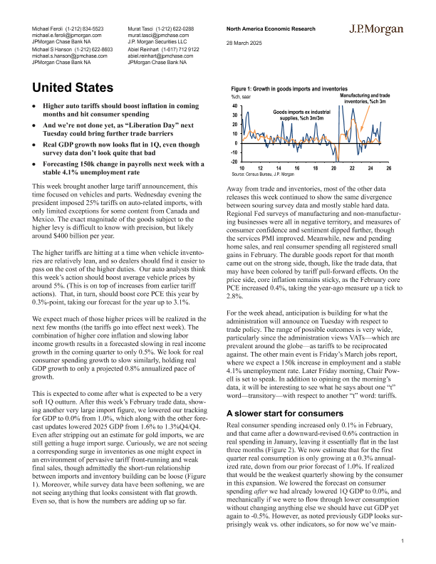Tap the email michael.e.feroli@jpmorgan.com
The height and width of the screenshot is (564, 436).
coord(67,33)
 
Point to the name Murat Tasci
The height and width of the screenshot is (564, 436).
coord(143,26)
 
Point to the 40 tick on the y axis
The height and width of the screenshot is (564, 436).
coord(234,105)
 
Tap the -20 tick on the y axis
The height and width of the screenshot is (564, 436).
coord(234,162)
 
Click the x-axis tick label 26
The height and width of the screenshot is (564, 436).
coord(389,168)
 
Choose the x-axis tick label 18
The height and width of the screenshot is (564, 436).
coord(315,168)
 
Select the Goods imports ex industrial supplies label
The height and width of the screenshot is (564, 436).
coord(302,115)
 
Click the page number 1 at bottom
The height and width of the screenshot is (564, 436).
coord(403,542)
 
